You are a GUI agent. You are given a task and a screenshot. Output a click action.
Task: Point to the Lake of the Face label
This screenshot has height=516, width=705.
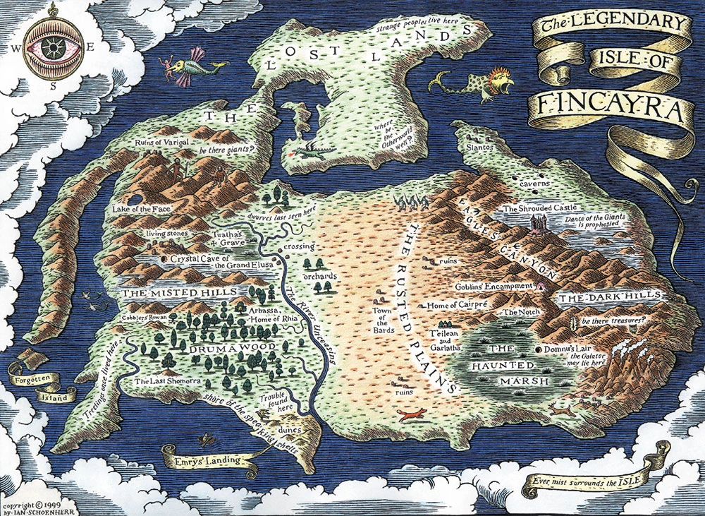point(136,210)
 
